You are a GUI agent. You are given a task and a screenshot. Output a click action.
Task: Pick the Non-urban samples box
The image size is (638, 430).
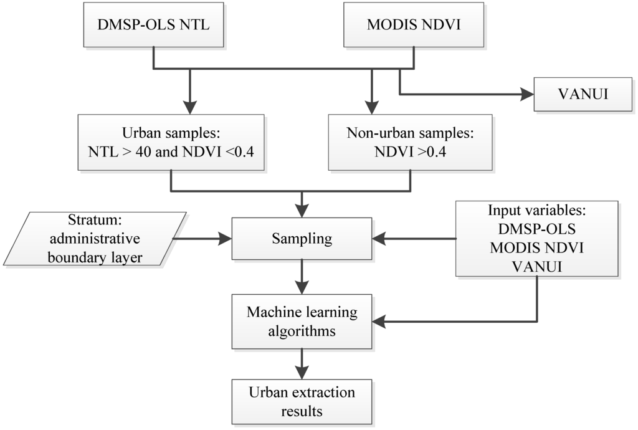(x=409, y=142)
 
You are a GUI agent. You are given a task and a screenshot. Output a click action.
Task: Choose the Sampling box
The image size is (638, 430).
(x=302, y=238)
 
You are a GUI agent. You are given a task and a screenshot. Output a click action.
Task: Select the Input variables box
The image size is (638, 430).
(x=536, y=238)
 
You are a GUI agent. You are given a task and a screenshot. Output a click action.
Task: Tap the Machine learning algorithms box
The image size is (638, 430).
(x=302, y=322)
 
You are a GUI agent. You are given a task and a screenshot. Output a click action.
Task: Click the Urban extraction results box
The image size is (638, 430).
(x=302, y=401)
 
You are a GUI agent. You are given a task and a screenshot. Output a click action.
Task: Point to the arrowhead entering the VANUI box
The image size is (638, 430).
(x=528, y=95)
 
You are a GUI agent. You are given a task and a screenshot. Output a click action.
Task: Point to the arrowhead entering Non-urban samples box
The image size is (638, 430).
(x=372, y=106)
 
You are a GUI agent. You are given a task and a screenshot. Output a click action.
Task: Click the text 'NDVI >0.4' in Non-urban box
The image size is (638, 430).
(x=409, y=151)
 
